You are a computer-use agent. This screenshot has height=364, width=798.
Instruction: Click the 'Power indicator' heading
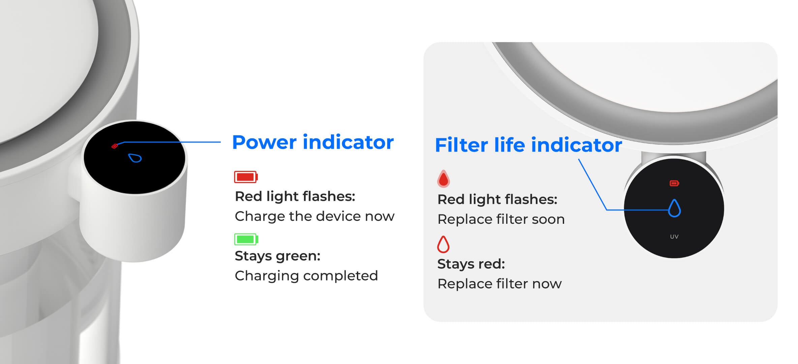313,142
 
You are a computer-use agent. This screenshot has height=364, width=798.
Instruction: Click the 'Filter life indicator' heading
528,145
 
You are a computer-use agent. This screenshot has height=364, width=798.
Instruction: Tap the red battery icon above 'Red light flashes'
246,177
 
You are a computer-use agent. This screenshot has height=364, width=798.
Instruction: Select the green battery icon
246,239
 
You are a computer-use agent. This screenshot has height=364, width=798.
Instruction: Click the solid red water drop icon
443,179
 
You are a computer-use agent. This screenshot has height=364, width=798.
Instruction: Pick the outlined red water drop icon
443,244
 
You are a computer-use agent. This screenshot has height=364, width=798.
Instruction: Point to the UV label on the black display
674,237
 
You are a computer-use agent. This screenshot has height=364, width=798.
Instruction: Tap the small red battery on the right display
674,183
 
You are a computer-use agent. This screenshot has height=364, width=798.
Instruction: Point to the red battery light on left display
115,146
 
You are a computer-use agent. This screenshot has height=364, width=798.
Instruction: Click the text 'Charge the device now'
314,216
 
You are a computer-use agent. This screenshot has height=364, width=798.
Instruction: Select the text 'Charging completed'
306,276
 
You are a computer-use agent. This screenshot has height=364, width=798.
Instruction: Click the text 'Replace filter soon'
501,219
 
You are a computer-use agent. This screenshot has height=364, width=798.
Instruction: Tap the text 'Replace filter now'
499,284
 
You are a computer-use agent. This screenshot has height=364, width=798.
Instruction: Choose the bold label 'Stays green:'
277,256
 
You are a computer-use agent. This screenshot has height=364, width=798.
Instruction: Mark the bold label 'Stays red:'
471,264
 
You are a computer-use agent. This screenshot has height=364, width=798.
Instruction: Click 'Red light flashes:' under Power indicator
295,196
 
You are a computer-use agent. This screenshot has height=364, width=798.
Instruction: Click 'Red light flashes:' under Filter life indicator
497,200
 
